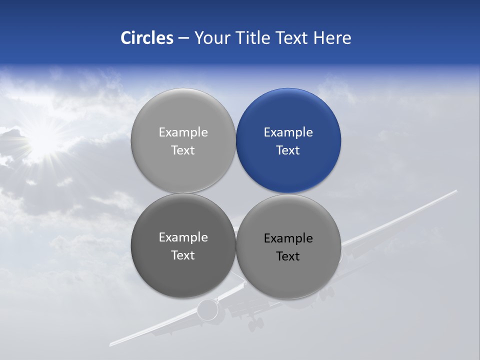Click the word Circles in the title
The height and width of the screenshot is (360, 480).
147,38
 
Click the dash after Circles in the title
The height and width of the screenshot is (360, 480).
183,38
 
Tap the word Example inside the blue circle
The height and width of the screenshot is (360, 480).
288,132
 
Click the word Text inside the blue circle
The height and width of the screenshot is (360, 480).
288,150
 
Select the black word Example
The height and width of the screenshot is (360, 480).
288,238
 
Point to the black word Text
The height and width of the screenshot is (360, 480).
288,256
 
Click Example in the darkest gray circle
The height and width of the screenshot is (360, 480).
183,237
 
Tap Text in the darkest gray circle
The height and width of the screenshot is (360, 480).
183,255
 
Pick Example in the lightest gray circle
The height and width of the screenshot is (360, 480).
183,132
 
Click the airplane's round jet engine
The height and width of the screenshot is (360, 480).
207,310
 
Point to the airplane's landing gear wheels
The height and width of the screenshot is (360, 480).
255,324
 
